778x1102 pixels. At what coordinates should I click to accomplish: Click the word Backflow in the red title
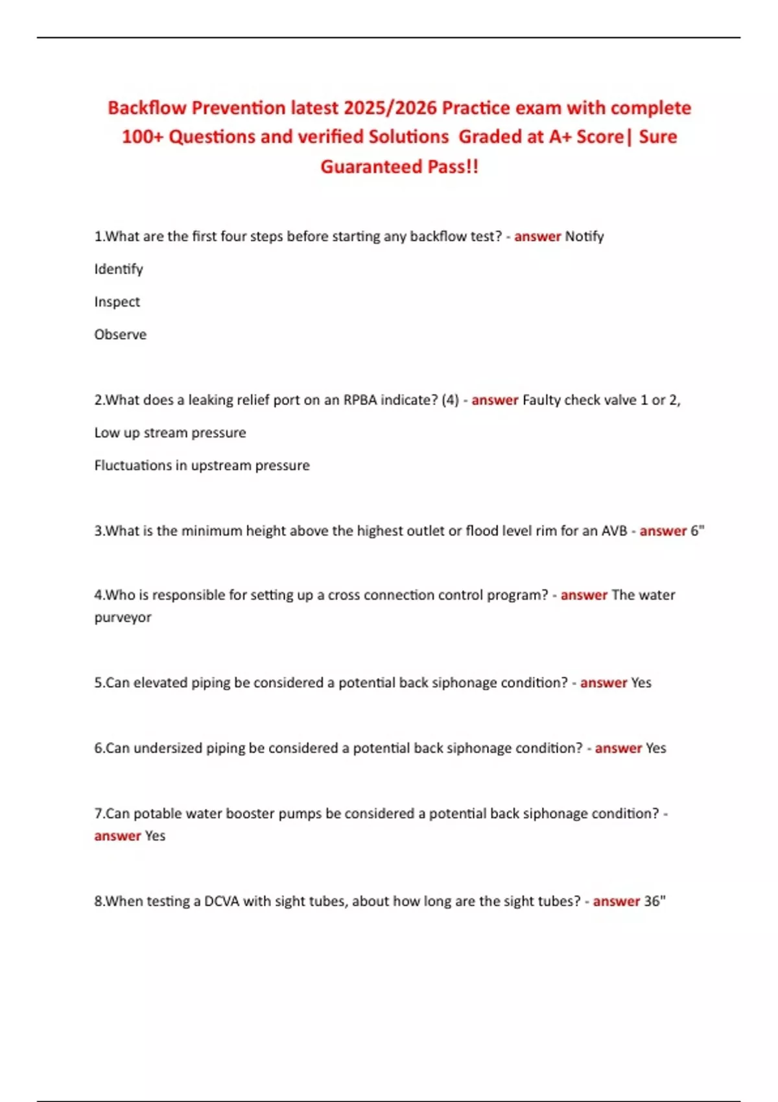coord(147,108)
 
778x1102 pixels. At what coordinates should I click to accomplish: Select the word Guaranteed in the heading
coord(371,167)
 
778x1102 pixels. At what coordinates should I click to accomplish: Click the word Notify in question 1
coord(584,237)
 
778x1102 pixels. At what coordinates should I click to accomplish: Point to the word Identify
coord(119,269)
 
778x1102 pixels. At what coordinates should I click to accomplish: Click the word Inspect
coord(117,302)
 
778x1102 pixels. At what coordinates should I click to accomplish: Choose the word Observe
coord(120,334)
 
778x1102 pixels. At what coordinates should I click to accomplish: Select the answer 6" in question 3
coord(697,531)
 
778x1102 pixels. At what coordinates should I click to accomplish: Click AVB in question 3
coord(614,531)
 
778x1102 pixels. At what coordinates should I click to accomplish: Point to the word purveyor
coord(123,617)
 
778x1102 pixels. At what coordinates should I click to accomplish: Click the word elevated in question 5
coord(160,683)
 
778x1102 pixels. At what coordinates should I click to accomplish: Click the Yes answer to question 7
coord(155,836)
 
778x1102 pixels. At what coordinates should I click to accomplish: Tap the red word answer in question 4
coord(583,595)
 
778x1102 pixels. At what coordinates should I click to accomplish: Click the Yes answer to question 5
coord(641,683)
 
